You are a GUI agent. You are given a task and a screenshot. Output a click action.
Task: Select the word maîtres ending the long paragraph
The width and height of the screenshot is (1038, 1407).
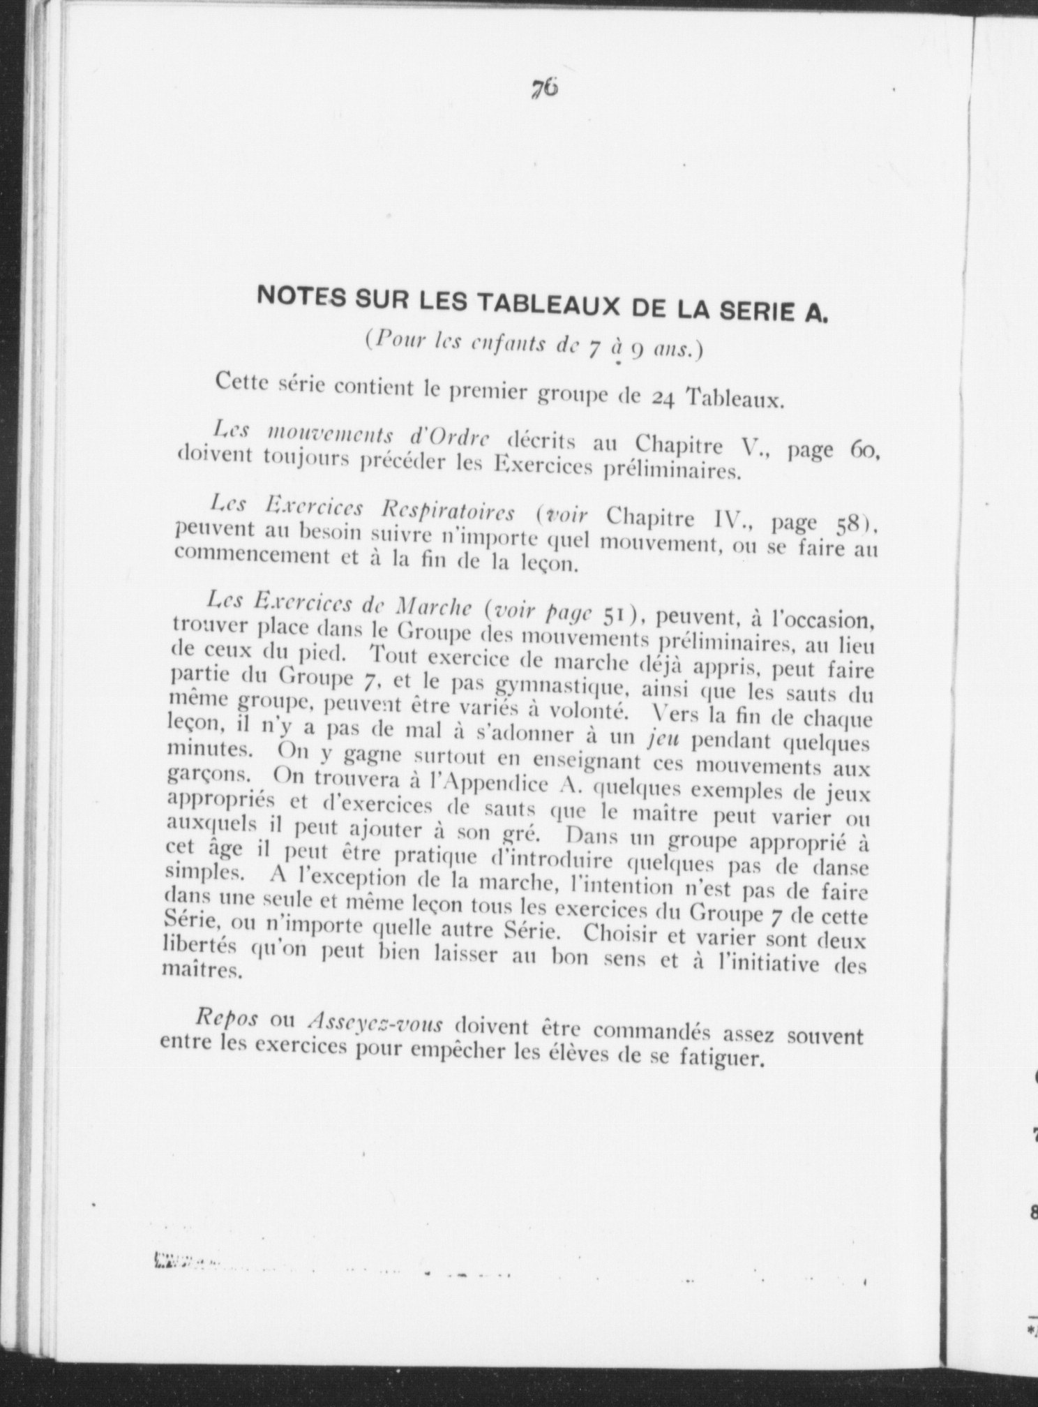tap(202, 970)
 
